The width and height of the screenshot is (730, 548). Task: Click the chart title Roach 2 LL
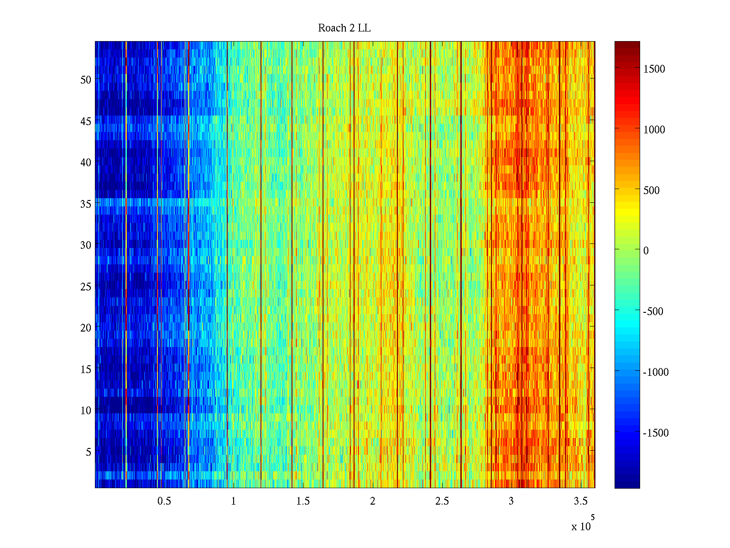coord(344,28)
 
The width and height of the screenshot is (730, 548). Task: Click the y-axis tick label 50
coord(86,80)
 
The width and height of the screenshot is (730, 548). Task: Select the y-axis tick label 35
coord(86,204)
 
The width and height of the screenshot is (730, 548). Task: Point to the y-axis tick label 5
coord(89,452)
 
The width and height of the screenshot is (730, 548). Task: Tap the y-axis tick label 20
coord(86,328)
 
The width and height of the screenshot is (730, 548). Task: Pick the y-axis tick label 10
coord(86,411)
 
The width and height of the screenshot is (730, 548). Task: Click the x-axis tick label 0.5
coord(164,501)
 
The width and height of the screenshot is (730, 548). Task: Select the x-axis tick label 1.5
coord(303,501)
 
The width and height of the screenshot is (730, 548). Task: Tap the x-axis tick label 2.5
coord(442,501)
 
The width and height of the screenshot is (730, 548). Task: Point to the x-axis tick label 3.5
coord(580,501)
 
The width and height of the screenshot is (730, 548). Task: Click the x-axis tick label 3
coord(511,501)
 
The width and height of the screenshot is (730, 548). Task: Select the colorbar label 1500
coord(654,69)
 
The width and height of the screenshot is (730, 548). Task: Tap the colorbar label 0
coord(646,251)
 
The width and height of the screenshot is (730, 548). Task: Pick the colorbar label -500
coord(653,311)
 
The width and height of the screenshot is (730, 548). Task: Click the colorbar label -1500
coord(656,433)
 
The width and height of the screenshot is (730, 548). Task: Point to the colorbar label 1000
coord(654,130)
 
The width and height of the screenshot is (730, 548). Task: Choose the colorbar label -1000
coord(656,372)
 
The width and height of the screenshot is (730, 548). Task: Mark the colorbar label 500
coord(652,190)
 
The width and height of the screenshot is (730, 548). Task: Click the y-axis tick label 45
coord(86,121)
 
